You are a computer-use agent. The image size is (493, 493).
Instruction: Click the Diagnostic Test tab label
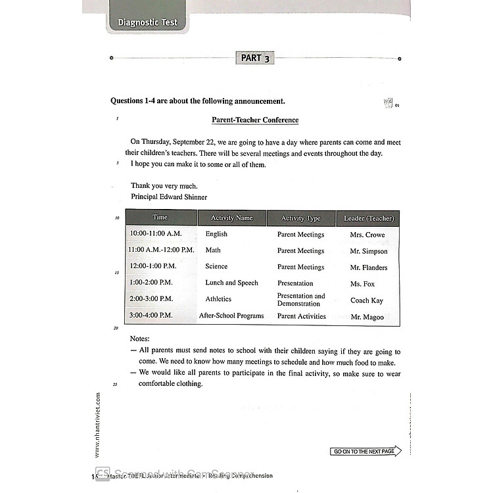click(x=147, y=22)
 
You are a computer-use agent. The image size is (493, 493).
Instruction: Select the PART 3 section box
click(x=255, y=59)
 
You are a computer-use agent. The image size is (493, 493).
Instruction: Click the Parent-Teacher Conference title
click(x=255, y=120)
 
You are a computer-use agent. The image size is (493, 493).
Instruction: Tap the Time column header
click(x=160, y=218)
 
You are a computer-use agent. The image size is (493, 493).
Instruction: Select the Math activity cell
click(x=213, y=250)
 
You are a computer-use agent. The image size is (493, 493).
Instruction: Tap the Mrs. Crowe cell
click(x=367, y=235)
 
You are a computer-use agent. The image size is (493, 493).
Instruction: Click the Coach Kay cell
click(x=367, y=300)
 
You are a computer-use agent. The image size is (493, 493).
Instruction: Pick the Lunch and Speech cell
click(x=231, y=283)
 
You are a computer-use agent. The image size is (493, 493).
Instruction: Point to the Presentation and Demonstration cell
click(x=301, y=300)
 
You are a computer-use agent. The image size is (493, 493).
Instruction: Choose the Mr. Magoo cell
click(x=367, y=317)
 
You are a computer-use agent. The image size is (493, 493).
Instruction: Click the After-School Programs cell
click(x=231, y=316)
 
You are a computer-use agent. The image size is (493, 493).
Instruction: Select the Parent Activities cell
click(x=301, y=316)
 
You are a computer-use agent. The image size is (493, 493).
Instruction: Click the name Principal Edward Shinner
click(x=169, y=197)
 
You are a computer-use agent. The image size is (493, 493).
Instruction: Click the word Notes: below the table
click(x=140, y=339)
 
